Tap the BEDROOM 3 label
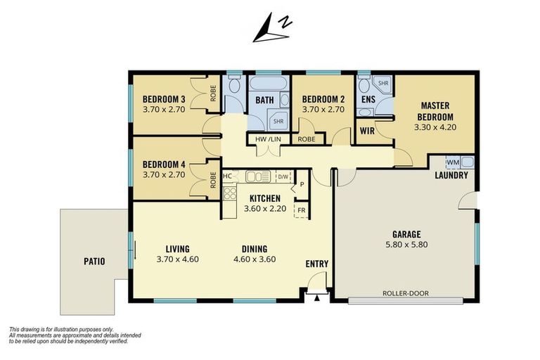[165, 99]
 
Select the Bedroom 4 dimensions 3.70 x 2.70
[165, 174]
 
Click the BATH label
[264, 101]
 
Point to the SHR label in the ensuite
[383, 84]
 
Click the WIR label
[366, 130]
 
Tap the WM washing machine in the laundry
[463, 162]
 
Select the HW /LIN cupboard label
[267, 139]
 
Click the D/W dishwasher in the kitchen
[283, 176]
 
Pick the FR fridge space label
[301, 210]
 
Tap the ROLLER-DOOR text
[405, 293]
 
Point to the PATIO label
[93, 262]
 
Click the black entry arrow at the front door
[316, 298]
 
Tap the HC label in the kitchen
[227, 176]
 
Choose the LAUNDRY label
[451, 175]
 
